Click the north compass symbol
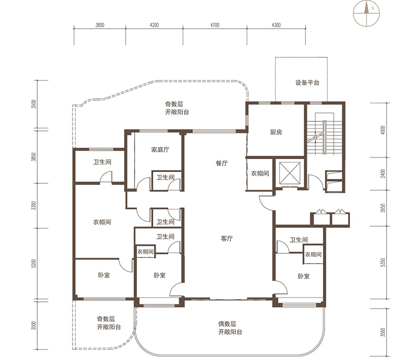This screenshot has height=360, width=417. pos(367,14)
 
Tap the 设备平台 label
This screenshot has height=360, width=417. pos(307,83)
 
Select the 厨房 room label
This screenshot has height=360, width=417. pos(276,132)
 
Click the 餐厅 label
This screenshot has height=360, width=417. pos(222,163)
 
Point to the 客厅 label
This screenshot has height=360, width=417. pos(227,239)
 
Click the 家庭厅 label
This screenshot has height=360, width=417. pos(160,150)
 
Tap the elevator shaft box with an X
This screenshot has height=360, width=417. pos(290,173)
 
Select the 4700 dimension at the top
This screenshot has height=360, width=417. pos(215,25)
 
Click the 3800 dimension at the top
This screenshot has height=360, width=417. pos(100,25)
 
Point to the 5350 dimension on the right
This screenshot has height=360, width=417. pos(383,263)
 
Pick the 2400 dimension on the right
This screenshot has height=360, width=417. pos(383,174)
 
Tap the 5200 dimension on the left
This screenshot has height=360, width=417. pos(33,263)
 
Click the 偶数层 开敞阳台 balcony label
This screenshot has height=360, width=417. pos(231,328)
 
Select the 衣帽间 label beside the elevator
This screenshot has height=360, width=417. pos(260,174)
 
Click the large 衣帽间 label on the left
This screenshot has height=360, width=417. pos(102,222)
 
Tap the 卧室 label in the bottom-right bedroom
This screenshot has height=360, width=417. pos(303,276)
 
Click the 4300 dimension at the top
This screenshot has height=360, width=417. pos(276,25)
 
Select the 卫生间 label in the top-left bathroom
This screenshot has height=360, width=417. pos(102,162)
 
